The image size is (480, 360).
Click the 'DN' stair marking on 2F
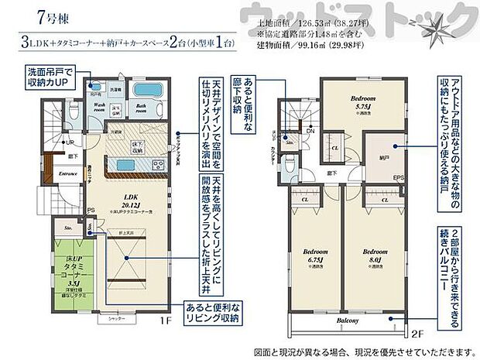(308, 132)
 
